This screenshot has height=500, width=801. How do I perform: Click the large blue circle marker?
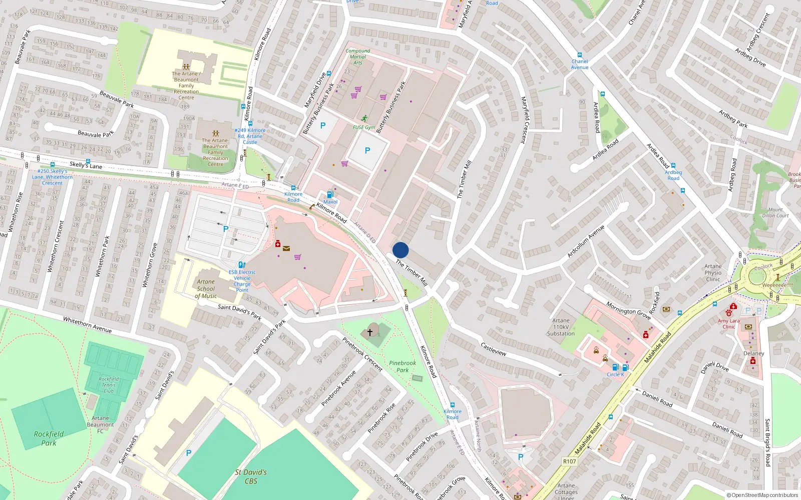tap(400, 250)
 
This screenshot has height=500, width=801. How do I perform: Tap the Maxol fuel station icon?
tap(330, 194)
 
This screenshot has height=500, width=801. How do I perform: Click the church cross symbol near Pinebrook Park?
tap(370, 332)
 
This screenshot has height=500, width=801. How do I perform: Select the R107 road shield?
tap(569, 461)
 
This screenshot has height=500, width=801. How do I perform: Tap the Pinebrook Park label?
tap(403, 366)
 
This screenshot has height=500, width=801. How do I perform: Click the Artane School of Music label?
tap(206, 289)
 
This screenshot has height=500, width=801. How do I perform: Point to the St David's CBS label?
tap(251, 476)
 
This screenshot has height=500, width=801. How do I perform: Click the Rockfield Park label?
tap(49, 438)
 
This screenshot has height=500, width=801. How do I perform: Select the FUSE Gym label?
tap(364, 127)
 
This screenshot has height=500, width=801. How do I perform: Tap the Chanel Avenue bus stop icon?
tap(580, 55)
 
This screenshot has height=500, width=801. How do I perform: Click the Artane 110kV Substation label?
tap(561, 327)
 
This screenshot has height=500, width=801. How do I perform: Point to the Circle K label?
tap(615, 374)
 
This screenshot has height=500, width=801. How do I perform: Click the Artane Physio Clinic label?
tap(713, 272)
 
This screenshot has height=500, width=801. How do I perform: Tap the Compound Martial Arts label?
tap(358, 56)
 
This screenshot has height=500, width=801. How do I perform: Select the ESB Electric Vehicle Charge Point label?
tap(242, 281)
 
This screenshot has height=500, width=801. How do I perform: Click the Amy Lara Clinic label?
tap(728, 323)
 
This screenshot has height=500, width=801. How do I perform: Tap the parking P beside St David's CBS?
tap(189, 453)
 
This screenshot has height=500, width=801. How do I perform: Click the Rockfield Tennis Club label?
tap(109, 385)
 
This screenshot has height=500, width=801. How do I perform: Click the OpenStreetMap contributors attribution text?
tap(762, 495)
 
